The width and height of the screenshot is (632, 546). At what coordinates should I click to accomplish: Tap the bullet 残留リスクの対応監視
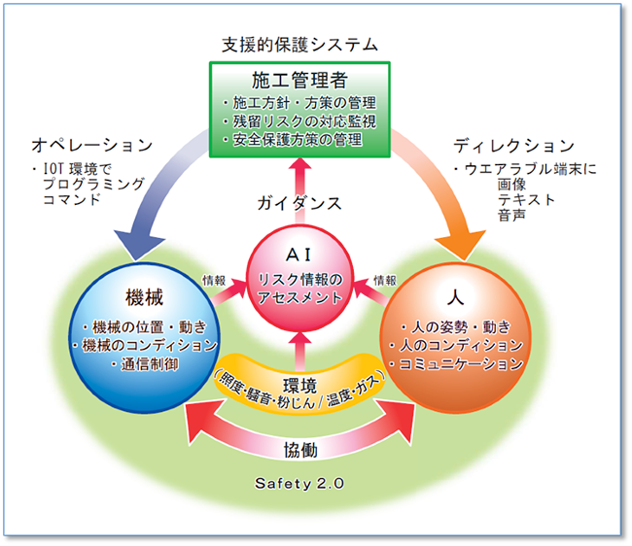[298, 121]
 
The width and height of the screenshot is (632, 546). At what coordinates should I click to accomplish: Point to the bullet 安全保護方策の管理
[293, 141]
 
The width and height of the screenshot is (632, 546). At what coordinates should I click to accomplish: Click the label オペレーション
[92, 145]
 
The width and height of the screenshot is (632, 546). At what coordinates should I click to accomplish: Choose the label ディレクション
[513, 145]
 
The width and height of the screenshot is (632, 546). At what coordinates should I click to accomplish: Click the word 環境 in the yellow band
[299, 385]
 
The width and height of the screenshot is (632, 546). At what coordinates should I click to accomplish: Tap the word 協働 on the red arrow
[299, 450]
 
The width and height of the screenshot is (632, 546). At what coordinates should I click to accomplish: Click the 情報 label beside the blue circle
[214, 280]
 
